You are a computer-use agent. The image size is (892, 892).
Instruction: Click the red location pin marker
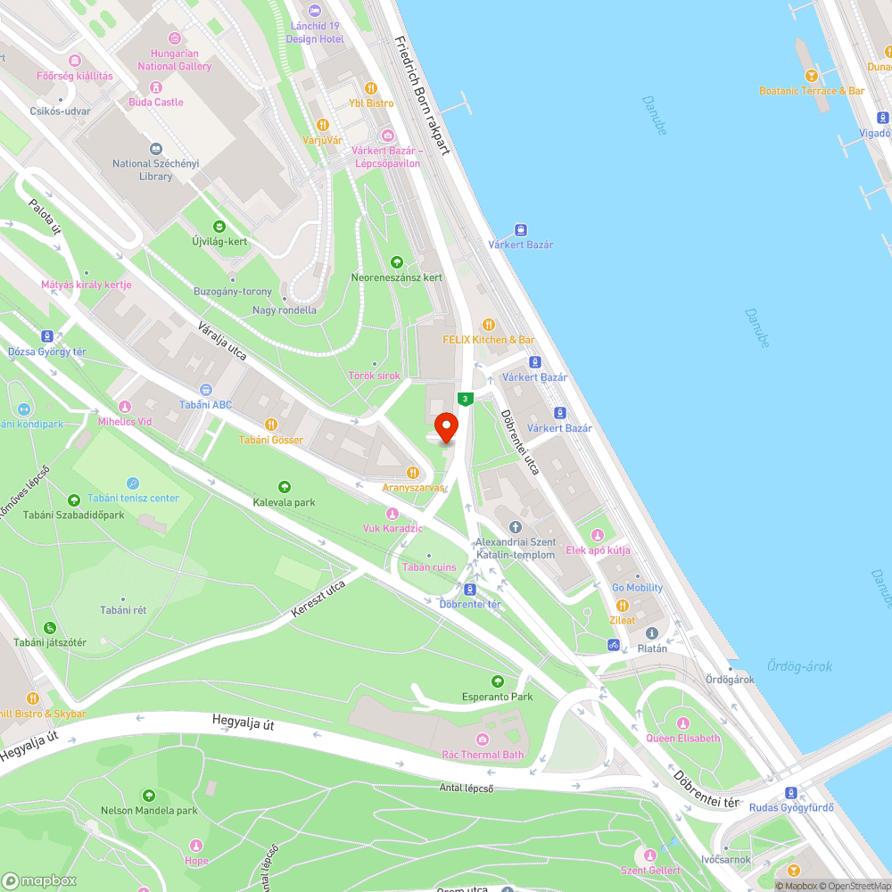click(x=444, y=425)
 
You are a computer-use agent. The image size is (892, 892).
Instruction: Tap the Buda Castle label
click(x=156, y=102)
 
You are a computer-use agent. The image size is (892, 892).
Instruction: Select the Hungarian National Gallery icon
click(x=174, y=38)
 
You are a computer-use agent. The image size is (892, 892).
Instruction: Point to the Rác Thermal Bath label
click(x=483, y=755)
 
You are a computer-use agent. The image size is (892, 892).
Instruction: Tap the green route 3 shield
click(x=464, y=399)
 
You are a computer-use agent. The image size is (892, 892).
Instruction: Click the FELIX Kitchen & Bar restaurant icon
click(x=488, y=325)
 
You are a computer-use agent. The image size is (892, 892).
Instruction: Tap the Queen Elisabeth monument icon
click(x=683, y=723)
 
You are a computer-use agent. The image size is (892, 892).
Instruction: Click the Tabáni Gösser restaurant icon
click(x=271, y=425)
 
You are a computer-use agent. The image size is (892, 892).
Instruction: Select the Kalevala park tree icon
click(x=284, y=487)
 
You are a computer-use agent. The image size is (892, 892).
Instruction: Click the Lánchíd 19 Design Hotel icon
click(x=314, y=11)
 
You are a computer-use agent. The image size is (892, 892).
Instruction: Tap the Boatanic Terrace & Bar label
click(x=812, y=91)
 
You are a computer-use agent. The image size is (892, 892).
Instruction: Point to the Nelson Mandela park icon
click(x=148, y=796)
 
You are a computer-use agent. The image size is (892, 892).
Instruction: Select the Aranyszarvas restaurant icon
click(x=412, y=472)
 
